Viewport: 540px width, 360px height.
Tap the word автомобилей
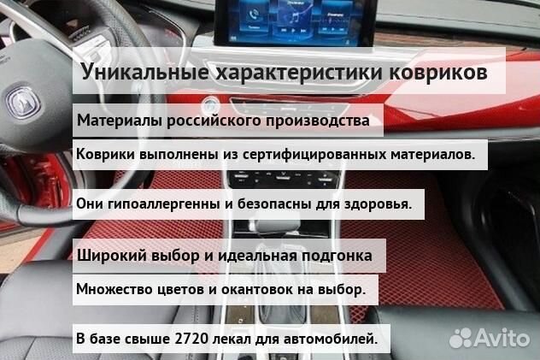[337, 339]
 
